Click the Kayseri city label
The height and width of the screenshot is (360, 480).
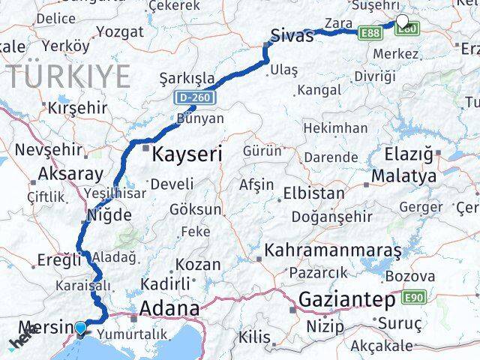[187, 155]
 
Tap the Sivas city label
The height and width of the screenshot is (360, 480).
[292, 34]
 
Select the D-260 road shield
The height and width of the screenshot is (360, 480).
[196, 97]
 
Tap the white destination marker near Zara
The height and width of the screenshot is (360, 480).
[402, 22]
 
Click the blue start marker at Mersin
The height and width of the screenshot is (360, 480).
[81, 327]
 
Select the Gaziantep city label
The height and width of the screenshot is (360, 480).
[346, 300]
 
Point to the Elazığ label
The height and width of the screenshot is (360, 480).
[408, 155]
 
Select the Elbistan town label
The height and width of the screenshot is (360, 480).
[313, 193]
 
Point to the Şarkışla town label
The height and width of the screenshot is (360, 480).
[187, 78]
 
